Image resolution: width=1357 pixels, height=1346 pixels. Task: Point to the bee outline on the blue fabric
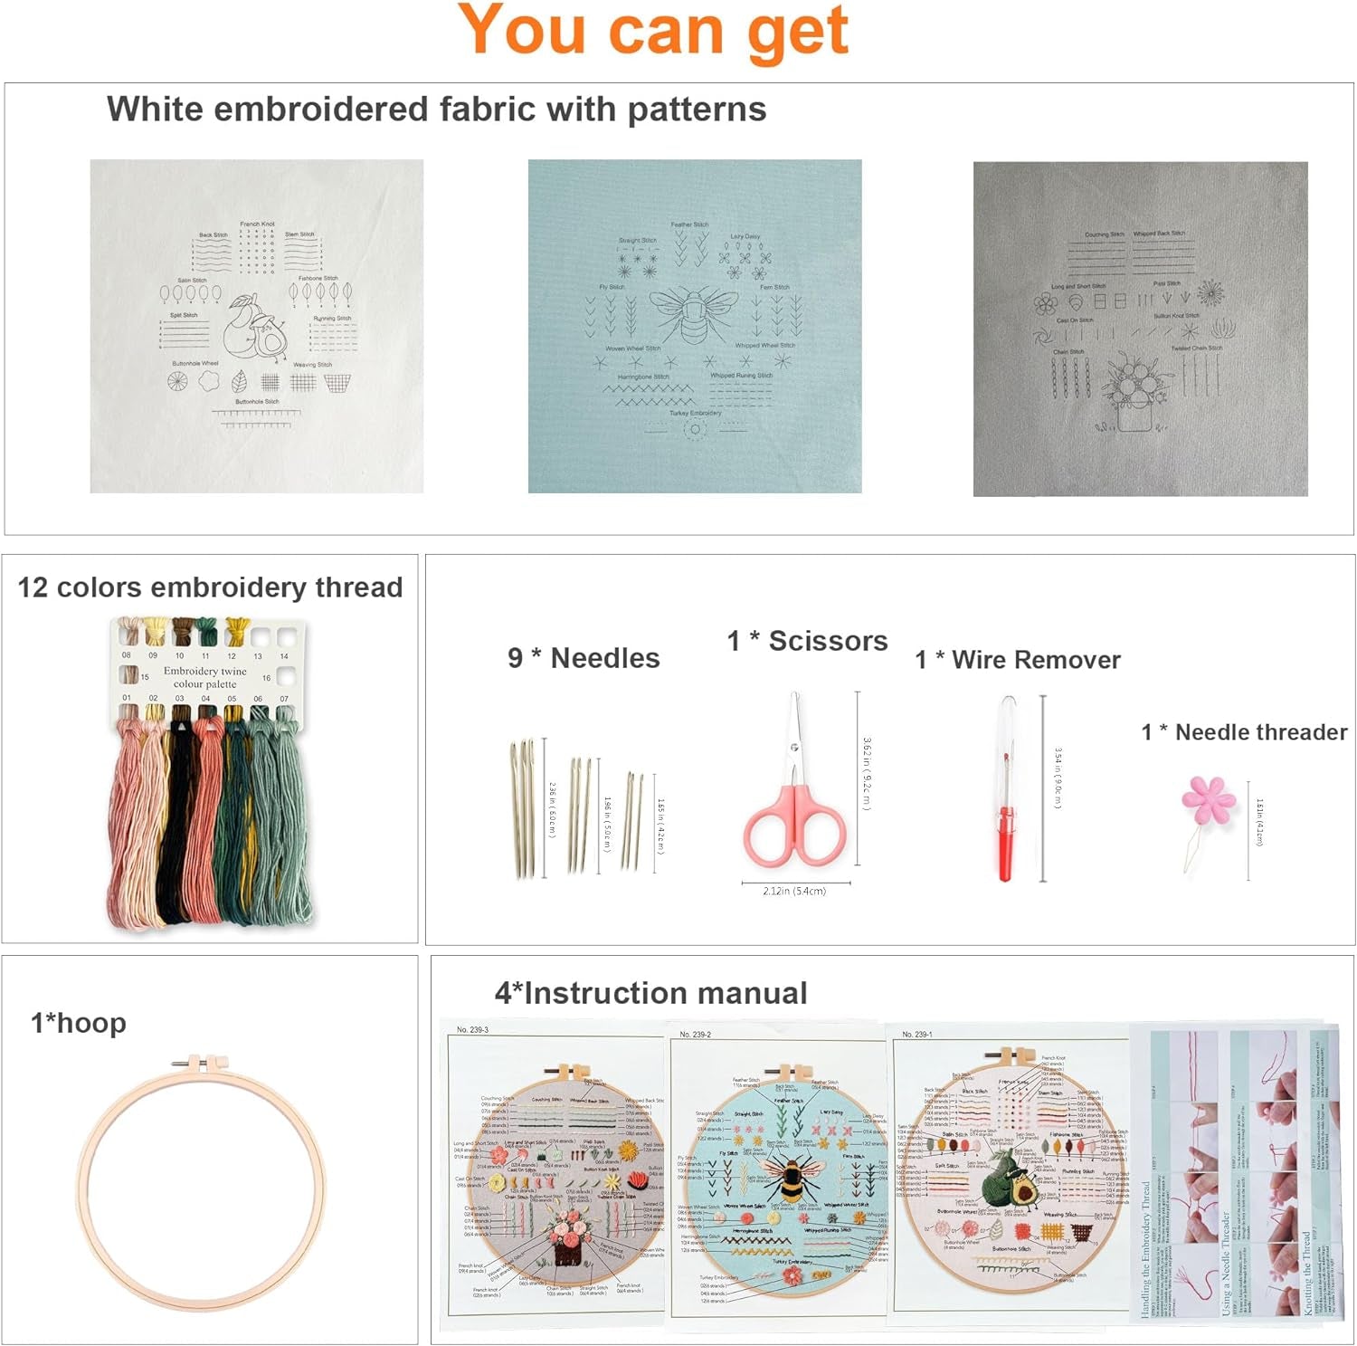[693, 313]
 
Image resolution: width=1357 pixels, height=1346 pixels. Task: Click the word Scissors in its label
[828, 641]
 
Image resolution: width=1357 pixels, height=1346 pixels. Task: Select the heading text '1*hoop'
[79, 1023]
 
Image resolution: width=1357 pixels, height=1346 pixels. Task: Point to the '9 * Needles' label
[584, 658]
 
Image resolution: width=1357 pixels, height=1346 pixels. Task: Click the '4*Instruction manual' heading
[650, 993]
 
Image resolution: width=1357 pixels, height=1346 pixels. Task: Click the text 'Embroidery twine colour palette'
[204, 677]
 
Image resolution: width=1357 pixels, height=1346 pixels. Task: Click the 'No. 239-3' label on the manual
[472, 1030]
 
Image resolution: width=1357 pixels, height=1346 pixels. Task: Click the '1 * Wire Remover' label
[1018, 660]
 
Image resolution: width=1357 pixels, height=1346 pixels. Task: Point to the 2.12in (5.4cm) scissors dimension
[794, 891]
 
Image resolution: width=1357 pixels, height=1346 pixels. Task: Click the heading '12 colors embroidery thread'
[210, 587]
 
